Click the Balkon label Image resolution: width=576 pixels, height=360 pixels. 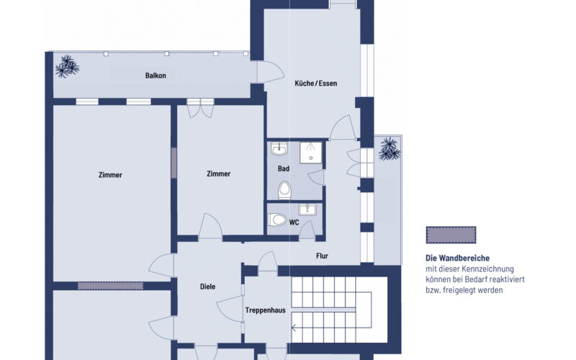click(156, 76)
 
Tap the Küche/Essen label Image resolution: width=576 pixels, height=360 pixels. click(315, 84)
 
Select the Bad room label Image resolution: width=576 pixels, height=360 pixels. click(283, 168)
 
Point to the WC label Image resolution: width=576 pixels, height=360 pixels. click(294, 222)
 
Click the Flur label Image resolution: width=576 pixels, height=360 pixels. click(322, 256)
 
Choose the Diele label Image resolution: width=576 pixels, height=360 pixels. click(207, 287)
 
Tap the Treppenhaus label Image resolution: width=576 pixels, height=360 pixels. click(265, 310)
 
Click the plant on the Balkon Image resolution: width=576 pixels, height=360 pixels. click(67, 66)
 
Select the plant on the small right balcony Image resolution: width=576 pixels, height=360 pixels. click(389, 149)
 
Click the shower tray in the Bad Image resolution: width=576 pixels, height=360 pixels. click(311, 153)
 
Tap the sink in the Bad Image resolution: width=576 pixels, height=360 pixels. click(279, 148)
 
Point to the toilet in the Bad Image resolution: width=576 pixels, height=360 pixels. click(284, 190)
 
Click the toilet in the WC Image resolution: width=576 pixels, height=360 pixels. click(277, 220)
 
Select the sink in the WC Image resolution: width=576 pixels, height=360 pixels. click(307, 210)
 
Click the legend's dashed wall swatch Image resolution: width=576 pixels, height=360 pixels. click(451, 235)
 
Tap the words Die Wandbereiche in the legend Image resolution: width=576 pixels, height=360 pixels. click(457, 258)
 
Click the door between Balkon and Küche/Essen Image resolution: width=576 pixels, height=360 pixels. click(271, 72)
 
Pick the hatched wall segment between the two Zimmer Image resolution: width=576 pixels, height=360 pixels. click(174, 163)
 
